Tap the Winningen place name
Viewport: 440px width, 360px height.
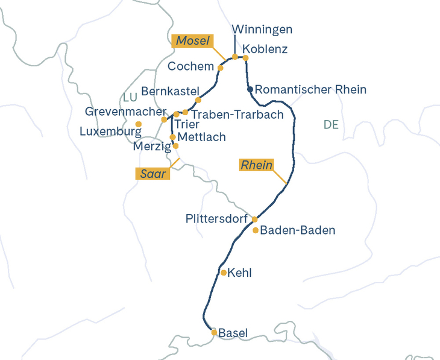coord(262,30)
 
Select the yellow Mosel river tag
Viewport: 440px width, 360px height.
coord(193,41)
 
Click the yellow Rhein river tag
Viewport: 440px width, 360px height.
coord(257,165)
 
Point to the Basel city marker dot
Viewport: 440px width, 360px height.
coord(214,332)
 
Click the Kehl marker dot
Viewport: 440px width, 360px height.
coord(224,273)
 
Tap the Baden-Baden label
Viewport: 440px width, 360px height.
coord(297,230)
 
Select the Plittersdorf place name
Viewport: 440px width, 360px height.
coord(216,218)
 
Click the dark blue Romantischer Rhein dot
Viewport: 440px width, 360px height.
coord(250,90)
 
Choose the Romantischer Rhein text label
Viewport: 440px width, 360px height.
coord(310,90)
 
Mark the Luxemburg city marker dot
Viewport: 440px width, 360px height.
coord(139,124)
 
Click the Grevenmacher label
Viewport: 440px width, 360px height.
coord(125,112)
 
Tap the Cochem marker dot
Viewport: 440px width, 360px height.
coord(220,68)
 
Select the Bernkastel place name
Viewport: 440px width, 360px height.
coord(169,91)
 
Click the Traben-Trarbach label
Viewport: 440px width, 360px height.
coord(237,115)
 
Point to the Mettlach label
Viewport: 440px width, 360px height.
coord(202,137)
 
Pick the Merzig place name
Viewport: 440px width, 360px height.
coord(151,146)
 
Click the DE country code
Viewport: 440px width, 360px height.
coord(331,125)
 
